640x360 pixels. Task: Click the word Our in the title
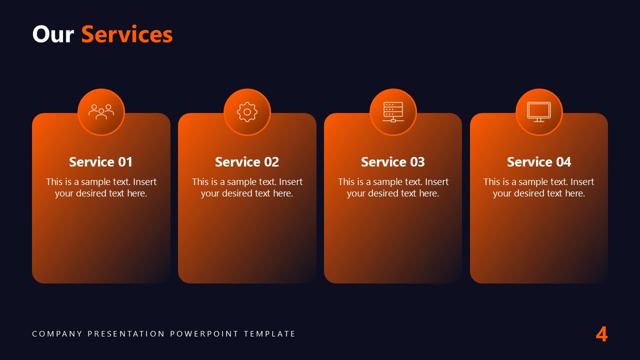click(53, 34)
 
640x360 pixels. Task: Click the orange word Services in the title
click(127, 34)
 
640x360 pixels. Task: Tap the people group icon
click(101, 112)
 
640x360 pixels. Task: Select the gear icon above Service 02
click(247, 112)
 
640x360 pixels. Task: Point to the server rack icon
click(393, 112)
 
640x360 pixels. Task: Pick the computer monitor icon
click(539, 112)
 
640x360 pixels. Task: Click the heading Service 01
click(101, 162)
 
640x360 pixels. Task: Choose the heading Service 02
click(247, 162)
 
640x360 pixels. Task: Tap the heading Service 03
click(393, 162)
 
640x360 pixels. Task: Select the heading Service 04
click(539, 162)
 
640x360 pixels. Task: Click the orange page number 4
click(601, 334)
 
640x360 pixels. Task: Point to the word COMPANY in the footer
click(57, 333)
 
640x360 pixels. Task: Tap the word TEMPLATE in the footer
click(270, 333)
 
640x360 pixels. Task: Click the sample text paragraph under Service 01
click(101, 187)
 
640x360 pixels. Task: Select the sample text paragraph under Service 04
click(539, 187)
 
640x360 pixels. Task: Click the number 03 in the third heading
click(416, 162)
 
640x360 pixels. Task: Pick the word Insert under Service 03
click(436, 182)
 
